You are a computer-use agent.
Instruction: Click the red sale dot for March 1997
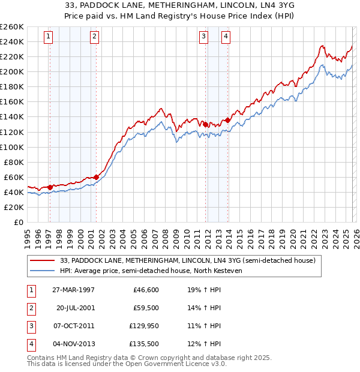(x=50, y=187)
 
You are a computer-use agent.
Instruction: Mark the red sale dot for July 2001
(x=96, y=177)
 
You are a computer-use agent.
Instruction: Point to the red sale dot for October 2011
(x=205, y=124)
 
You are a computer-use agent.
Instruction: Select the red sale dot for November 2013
(x=227, y=120)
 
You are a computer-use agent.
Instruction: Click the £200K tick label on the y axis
(x=12, y=71)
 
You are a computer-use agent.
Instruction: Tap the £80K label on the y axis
(x=14, y=162)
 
